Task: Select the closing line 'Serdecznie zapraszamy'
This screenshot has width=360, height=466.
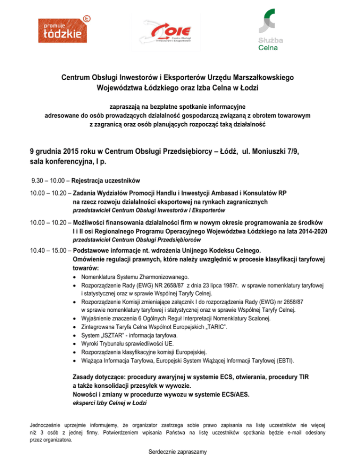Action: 180,452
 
